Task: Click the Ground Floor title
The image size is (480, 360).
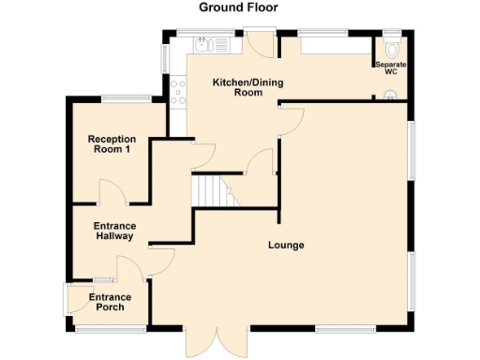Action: pos(238,7)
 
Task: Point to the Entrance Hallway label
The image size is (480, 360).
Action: pos(115,232)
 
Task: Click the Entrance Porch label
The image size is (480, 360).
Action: pos(110,302)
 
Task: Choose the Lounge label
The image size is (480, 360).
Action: pos(286,246)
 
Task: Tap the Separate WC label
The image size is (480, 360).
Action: pos(391,67)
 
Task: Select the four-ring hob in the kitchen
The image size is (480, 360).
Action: pos(176,90)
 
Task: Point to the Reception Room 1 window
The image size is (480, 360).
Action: pos(127,97)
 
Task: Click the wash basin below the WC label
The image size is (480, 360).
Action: pos(390,93)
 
